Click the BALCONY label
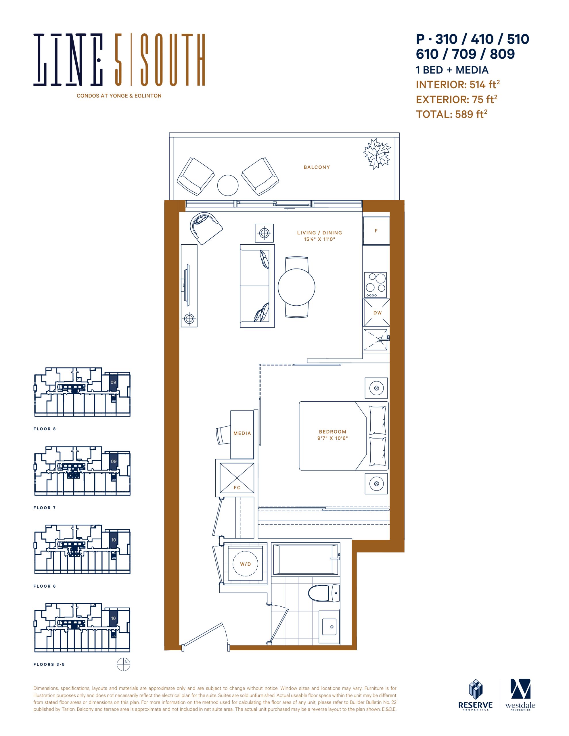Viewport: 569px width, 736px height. [x=317, y=167]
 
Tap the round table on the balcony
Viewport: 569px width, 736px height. [x=228, y=185]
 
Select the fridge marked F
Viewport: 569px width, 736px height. [x=376, y=231]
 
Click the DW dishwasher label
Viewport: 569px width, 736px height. [x=378, y=313]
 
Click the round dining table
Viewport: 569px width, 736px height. [x=296, y=287]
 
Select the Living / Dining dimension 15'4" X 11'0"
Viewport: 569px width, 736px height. [x=319, y=239]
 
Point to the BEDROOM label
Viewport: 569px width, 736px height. [x=333, y=432]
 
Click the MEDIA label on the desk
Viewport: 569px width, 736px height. [x=242, y=433]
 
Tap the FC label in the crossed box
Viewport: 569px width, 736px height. [x=237, y=488]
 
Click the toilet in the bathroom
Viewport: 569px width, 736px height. [x=323, y=593]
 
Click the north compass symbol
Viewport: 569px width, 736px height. [x=123, y=664]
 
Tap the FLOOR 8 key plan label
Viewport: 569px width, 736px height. [x=45, y=429]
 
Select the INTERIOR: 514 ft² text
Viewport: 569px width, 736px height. [x=458, y=84]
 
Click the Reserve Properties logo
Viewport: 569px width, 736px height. [x=475, y=695]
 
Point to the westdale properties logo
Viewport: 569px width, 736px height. [x=520, y=695]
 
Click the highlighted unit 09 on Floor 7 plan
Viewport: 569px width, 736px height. [x=114, y=461]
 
